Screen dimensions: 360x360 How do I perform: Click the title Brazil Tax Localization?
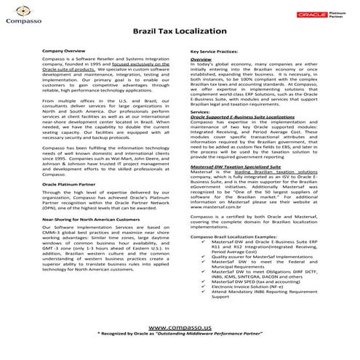(x=180, y=33)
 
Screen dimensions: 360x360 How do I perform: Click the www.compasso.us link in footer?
(x=180, y=329)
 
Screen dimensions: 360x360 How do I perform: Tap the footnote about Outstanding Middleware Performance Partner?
(x=180, y=338)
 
